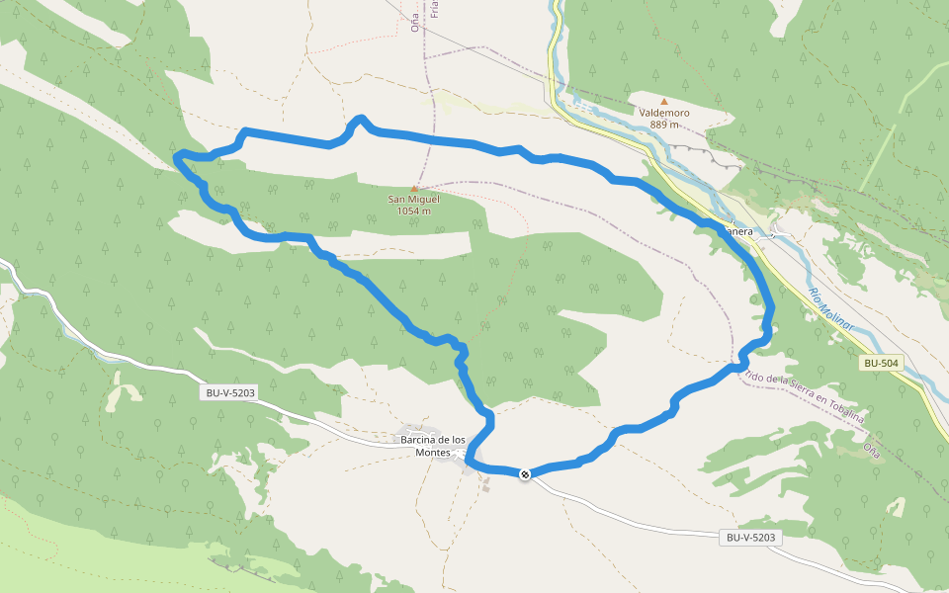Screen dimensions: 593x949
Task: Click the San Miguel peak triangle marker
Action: [414, 188]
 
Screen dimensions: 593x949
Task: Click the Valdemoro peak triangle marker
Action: [664, 101]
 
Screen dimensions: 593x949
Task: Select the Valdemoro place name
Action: [664, 113]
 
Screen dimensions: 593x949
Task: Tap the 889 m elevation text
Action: [664, 125]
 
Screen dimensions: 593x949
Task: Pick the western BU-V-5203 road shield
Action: [230, 393]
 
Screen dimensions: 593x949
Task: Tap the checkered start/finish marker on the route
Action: [526, 474]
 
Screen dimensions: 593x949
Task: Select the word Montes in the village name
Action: [432, 453]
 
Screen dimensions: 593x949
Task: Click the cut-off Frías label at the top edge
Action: [434, 10]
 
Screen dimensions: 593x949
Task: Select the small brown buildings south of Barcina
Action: [485, 484]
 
